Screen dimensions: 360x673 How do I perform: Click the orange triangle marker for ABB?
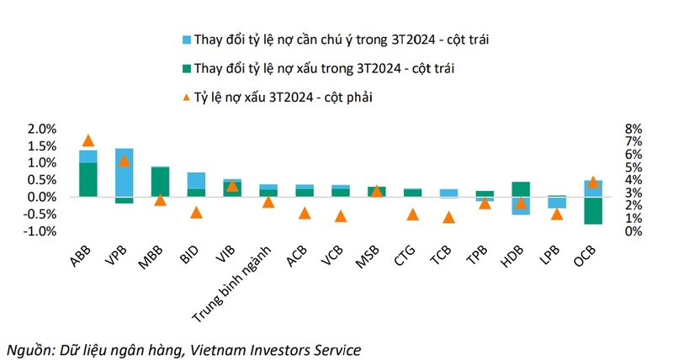pyautogui.click(x=87, y=140)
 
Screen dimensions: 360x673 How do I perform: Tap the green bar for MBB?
pyautogui.click(x=160, y=182)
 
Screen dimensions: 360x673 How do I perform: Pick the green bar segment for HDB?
pyautogui.click(x=521, y=189)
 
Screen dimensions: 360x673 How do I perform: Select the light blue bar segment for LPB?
pyautogui.click(x=557, y=202)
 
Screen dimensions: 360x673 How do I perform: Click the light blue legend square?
pyautogui.click(x=185, y=39)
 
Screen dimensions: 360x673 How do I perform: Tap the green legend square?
pyautogui.click(x=185, y=68)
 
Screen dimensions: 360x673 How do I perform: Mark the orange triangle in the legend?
pyautogui.click(x=185, y=97)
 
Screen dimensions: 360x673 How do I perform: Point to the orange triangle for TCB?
pyautogui.click(x=448, y=217)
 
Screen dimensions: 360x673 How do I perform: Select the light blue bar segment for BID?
pyautogui.click(x=196, y=180)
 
